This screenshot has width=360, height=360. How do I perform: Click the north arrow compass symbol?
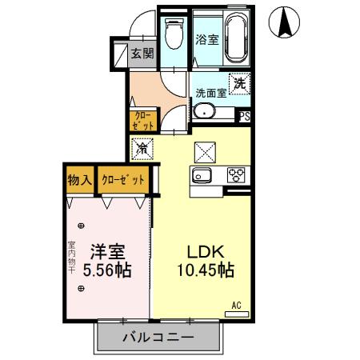283,22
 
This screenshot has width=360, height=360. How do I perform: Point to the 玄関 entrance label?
143,54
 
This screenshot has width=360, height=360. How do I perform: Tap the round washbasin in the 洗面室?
205,110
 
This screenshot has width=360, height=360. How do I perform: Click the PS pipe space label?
245,117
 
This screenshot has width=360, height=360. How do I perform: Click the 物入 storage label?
79,180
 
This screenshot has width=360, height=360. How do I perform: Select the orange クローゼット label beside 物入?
123,180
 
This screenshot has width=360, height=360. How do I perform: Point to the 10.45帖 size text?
205,270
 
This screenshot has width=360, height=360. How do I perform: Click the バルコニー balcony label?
158,338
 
